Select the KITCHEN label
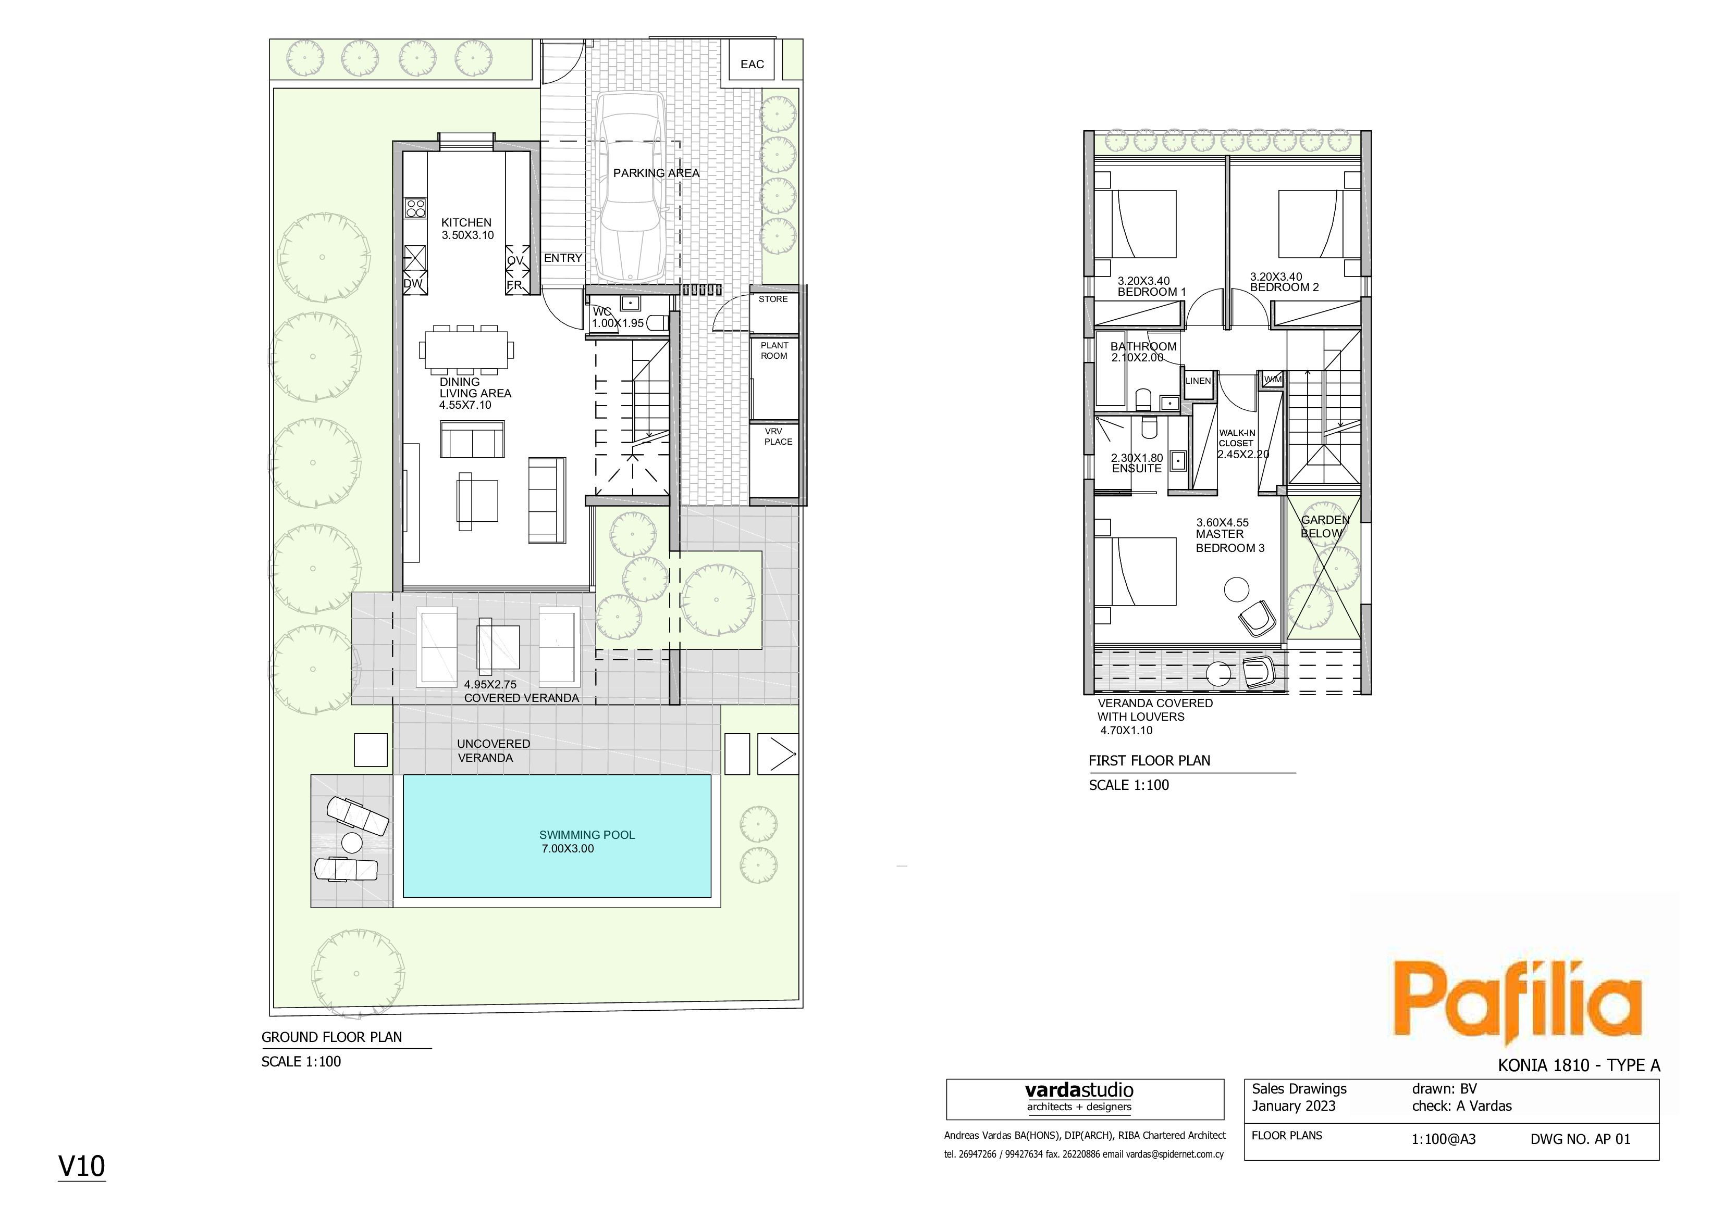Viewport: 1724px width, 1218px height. pyautogui.click(x=466, y=223)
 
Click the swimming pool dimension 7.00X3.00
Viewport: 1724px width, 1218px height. pyautogui.click(x=568, y=849)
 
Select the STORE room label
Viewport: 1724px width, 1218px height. pyautogui.click(x=773, y=299)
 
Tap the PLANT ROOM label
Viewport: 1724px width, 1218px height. pyautogui.click(x=774, y=351)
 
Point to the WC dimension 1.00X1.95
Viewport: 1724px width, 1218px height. pyautogui.click(x=618, y=323)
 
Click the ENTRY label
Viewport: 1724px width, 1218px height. pyautogui.click(x=563, y=258)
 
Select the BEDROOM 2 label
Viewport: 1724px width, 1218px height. pyautogui.click(x=1284, y=287)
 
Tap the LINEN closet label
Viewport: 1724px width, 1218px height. pyautogui.click(x=1198, y=381)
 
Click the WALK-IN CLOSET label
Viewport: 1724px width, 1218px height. pyautogui.click(x=1237, y=438)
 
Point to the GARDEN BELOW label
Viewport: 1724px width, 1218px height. pyautogui.click(x=1325, y=527)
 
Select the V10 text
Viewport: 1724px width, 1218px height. pyautogui.click(x=82, y=1166)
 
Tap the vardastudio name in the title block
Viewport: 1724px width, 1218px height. pyautogui.click(x=1079, y=1090)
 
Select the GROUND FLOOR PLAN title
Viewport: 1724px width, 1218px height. pyautogui.click(x=332, y=1037)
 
